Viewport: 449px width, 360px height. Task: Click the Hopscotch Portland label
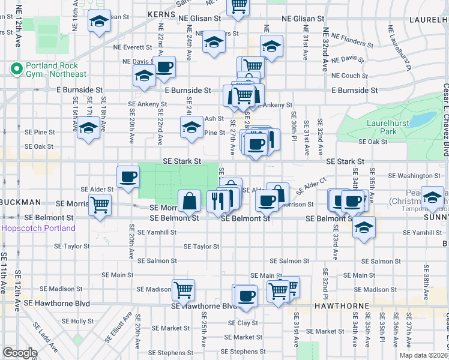[38, 229]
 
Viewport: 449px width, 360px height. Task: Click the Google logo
[19, 353]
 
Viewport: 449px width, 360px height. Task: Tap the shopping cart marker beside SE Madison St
[184, 290]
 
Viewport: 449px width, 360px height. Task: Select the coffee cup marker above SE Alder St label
[128, 176]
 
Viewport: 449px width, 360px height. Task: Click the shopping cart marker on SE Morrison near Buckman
[100, 205]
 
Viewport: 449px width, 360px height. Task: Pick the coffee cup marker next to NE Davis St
[164, 67]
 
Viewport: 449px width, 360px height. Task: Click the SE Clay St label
[243, 323]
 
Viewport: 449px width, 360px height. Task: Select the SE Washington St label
[415, 176]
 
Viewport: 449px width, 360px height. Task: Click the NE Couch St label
[349, 76]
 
